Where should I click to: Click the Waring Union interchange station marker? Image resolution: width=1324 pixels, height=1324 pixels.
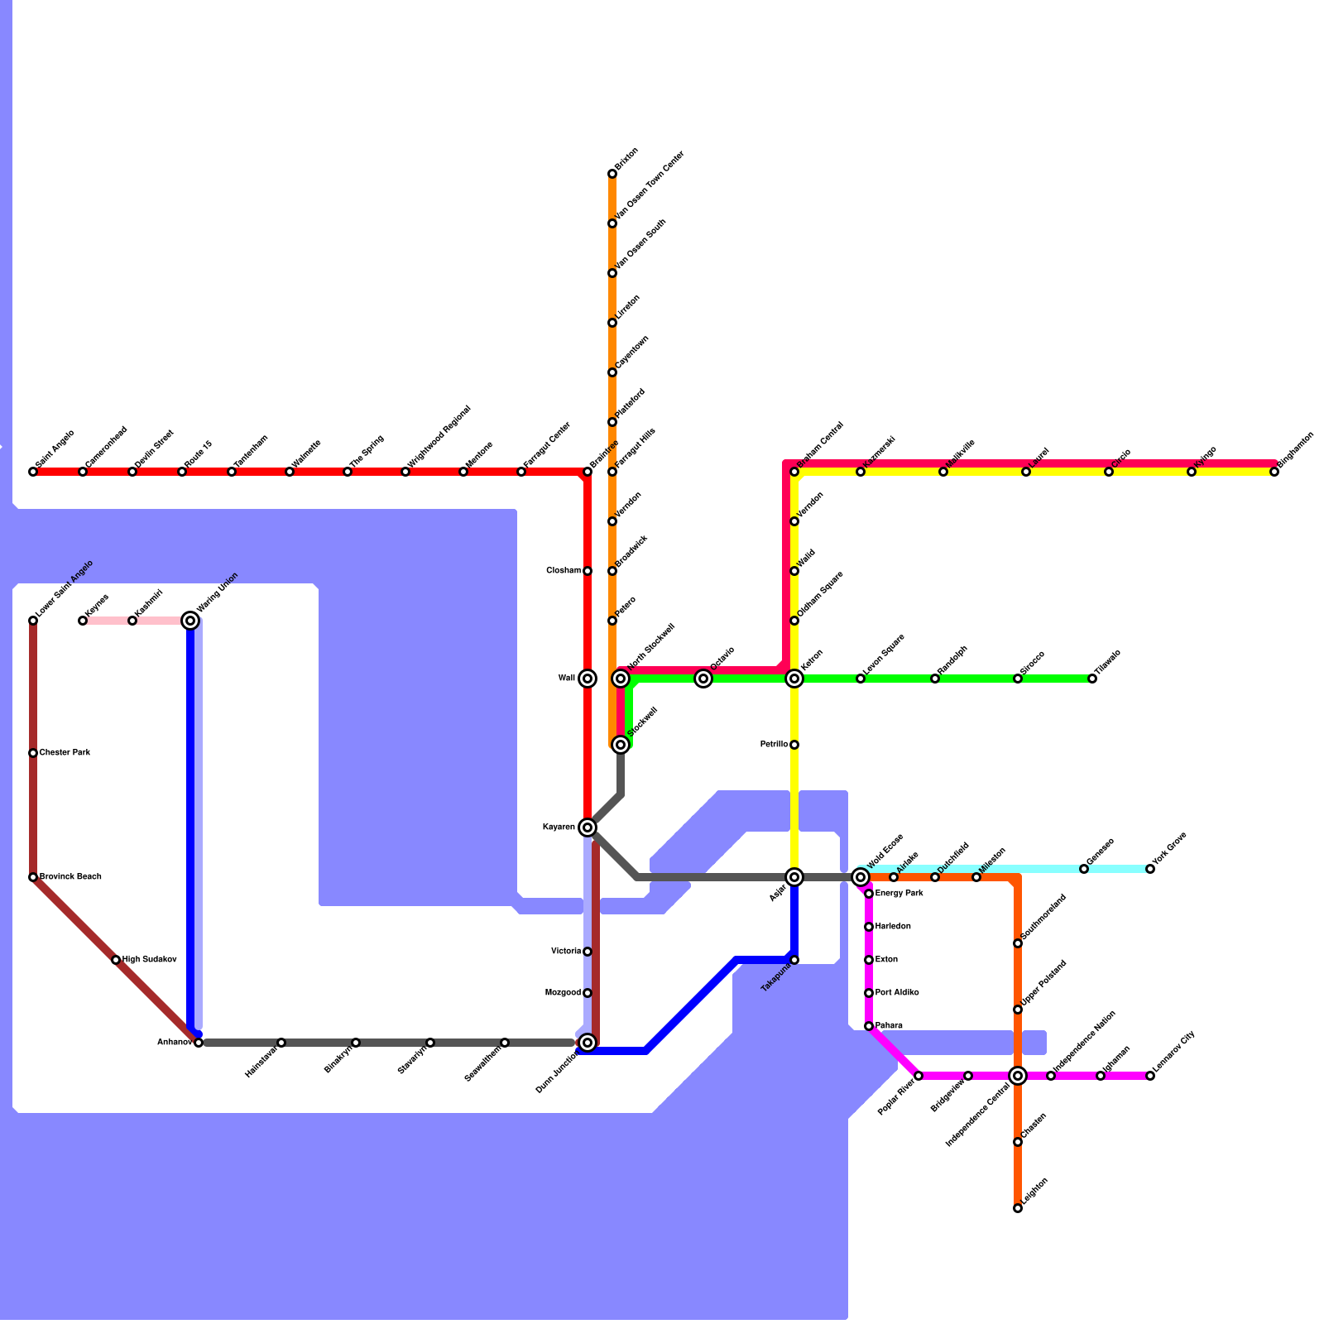[190, 621]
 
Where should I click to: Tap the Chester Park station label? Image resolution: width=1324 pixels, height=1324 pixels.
[65, 753]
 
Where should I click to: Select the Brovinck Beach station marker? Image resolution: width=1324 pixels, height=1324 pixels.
[33, 877]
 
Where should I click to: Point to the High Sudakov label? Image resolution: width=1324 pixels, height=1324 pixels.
[149, 960]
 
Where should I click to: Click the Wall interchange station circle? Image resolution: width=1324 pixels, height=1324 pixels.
[588, 679]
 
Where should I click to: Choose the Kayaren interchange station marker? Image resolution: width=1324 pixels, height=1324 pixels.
[588, 827]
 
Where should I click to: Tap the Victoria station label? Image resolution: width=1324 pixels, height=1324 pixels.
[566, 952]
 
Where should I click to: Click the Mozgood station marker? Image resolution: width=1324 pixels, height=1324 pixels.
[588, 993]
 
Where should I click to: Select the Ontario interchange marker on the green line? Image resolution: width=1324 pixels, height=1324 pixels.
[703, 679]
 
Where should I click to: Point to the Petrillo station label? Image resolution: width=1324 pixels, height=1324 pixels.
[774, 745]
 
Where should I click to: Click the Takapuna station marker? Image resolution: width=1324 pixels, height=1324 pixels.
[794, 960]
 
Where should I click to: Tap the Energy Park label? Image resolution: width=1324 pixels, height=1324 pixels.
[899, 894]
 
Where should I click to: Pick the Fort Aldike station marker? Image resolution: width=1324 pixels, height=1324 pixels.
[869, 993]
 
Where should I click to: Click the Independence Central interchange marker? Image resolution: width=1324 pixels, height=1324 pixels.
[1018, 1076]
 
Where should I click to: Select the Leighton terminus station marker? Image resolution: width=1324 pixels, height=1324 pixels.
[1018, 1208]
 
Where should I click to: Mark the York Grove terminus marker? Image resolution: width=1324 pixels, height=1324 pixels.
[1150, 869]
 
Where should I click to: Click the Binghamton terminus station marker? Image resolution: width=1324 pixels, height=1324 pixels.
[1274, 472]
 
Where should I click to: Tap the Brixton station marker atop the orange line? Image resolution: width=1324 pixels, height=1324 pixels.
[612, 174]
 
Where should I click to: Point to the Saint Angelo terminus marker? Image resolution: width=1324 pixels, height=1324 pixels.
[33, 472]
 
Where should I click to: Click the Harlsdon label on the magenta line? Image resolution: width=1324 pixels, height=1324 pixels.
[893, 927]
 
